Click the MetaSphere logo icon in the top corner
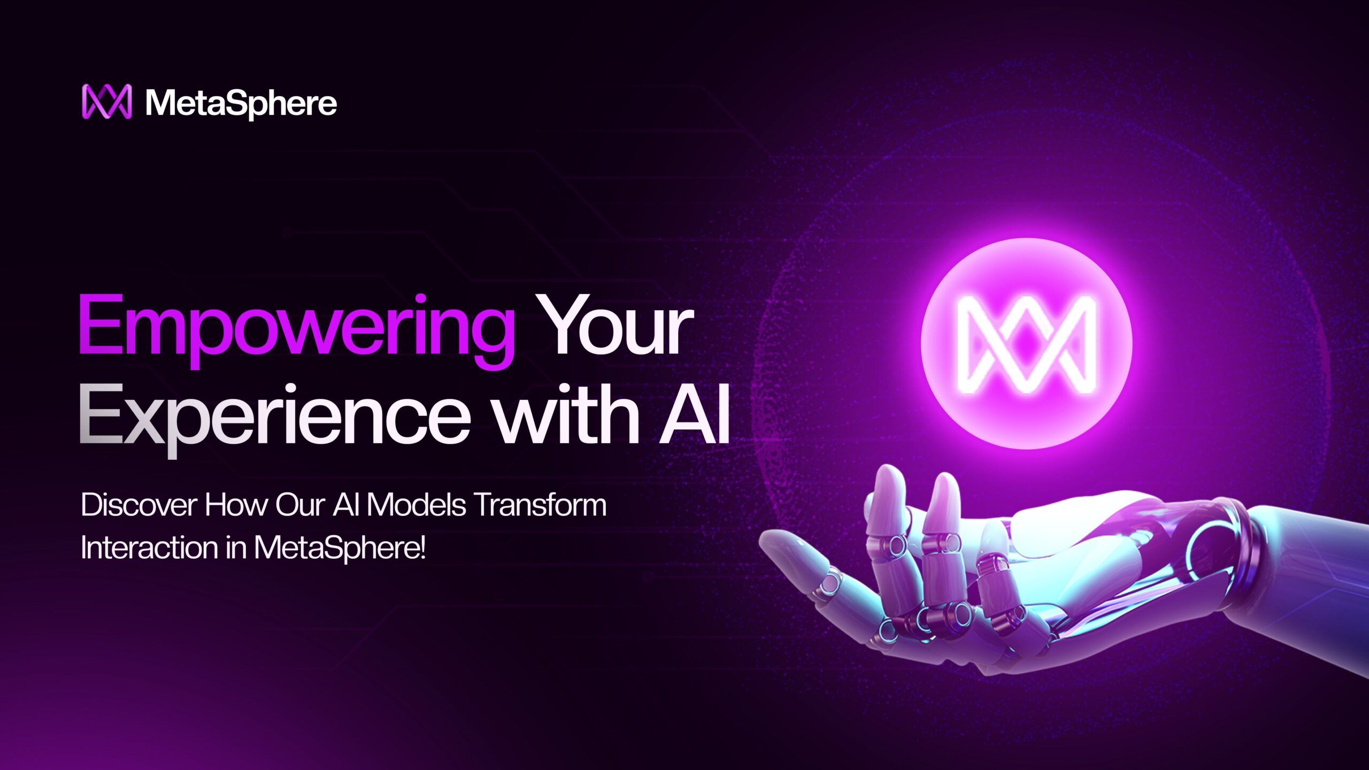(106, 101)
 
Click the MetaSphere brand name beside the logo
(241, 102)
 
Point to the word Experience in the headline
(274, 420)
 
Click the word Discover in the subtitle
(139, 505)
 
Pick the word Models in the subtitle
(416, 505)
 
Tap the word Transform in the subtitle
(541, 505)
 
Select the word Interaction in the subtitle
(149, 548)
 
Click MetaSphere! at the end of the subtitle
(340, 549)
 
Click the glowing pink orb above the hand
(1026, 343)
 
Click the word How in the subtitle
(236, 505)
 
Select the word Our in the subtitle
(300, 505)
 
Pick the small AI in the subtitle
(345, 505)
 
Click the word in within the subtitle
(236, 548)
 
